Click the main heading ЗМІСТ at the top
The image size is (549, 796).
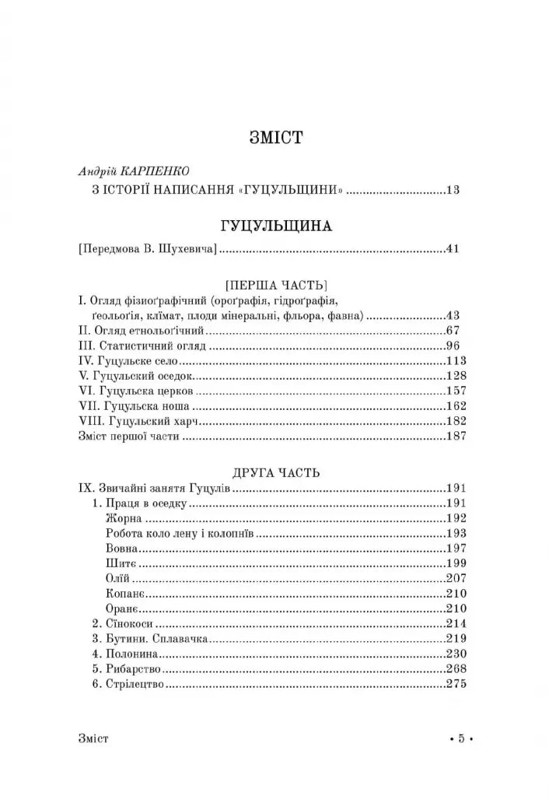tap(275, 139)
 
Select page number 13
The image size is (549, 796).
tap(454, 189)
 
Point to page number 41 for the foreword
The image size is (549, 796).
tap(454, 250)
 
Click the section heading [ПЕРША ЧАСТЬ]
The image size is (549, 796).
tap(275, 284)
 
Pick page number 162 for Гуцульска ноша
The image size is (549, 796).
tap(456, 406)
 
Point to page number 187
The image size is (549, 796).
tap(456, 437)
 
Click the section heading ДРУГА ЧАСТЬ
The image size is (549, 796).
tap(275, 472)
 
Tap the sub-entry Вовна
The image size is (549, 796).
tap(121, 549)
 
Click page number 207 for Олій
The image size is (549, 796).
tap(456, 579)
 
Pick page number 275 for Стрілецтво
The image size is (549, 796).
tap(456, 685)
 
